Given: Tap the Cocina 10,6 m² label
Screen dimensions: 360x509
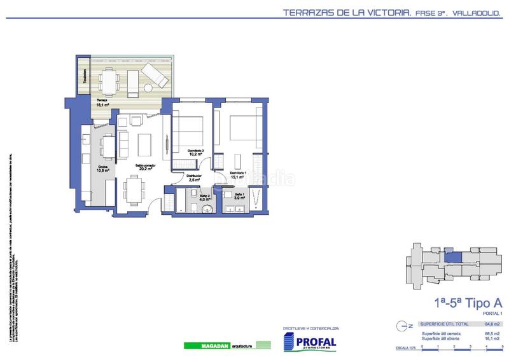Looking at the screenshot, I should point(102,169).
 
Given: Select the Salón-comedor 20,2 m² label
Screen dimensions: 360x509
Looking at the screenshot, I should point(145,167).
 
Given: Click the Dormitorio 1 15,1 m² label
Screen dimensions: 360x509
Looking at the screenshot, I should point(237,176).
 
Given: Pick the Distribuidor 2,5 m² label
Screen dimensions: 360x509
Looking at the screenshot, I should point(195,178).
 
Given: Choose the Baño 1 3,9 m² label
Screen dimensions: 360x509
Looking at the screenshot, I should point(239,197).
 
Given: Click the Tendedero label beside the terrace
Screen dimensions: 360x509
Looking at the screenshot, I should point(84,76).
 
